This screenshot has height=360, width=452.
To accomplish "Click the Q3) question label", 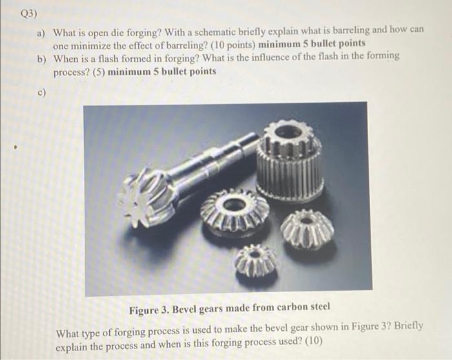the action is pos(29,14).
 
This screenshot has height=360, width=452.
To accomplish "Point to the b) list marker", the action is pos(42,59).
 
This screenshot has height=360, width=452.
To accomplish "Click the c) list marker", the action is pos(42,93).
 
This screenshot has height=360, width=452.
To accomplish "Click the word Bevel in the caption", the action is pos(185,309).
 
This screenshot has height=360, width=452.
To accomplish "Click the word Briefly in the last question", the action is pos(409,326).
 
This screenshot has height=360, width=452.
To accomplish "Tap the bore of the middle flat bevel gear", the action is pos(235,204).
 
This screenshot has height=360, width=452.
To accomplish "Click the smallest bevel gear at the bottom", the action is pos(256,260).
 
